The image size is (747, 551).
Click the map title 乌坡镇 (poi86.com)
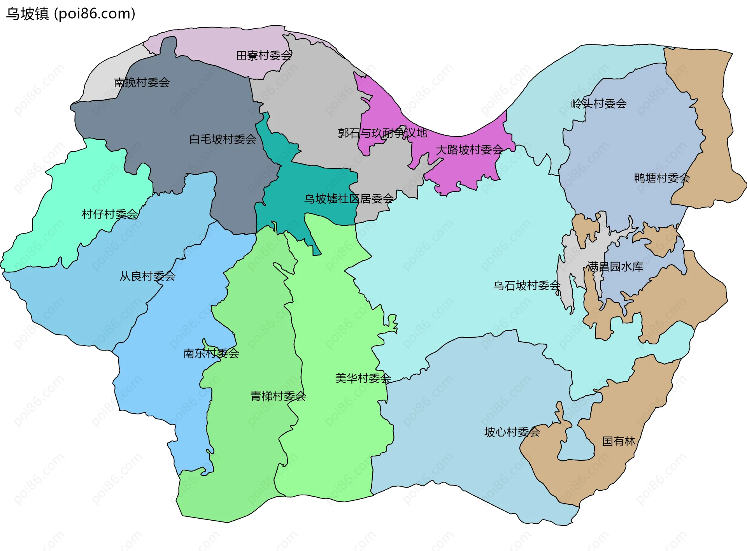[x=70, y=14]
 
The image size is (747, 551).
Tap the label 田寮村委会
[x=264, y=56]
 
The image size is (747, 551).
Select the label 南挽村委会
[x=142, y=82]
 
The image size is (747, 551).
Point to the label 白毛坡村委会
[x=223, y=139]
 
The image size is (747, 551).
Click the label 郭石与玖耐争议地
[x=382, y=133]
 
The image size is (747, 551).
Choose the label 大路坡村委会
[x=469, y=150]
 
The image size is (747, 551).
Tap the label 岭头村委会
[x=599, y=104]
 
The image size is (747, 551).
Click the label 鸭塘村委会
[x=662, y=178]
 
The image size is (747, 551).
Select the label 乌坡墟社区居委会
[x=349, y=199]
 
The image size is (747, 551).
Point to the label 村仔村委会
[x=110, y=214]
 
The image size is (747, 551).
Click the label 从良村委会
[x=147, y=276]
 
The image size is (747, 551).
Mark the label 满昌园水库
[x=615, y=267]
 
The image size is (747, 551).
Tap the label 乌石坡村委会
[x=527, y=286]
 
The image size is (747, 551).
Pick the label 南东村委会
[x=211, y=353]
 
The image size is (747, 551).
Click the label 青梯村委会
[x=278, y=396]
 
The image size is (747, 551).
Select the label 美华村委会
[x=363, y=378]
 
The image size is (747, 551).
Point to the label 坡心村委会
[x=512, y=432]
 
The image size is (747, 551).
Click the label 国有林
[x=619, y=441]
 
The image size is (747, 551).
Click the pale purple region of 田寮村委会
[x=218, y=47]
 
